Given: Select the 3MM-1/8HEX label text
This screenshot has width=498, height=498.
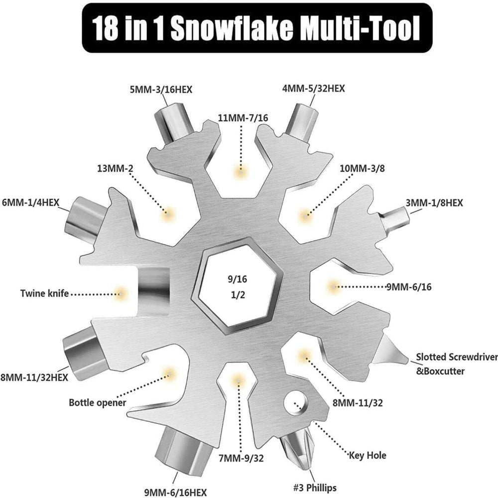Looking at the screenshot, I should pyautogui.click(x=434, y=203).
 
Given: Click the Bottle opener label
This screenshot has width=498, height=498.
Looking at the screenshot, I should pyautogui.click(x=97, y=402).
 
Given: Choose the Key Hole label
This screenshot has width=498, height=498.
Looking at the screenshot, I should pyautogui.click(x=368, y=455).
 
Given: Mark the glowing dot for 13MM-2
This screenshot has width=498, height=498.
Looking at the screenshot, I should pyautogui.click(x=168, y=213).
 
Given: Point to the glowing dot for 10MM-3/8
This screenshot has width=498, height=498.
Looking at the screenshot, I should pyautogui.click(x=305, y=216).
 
